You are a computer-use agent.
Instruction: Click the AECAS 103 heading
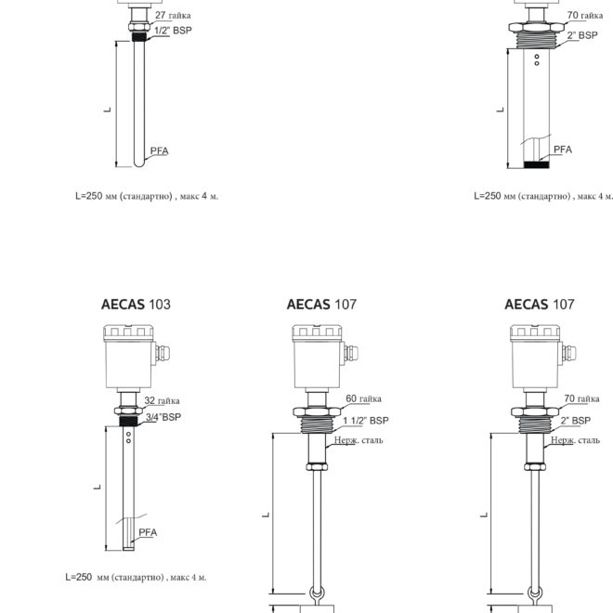point(136,304)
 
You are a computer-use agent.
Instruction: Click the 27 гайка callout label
point(173,15)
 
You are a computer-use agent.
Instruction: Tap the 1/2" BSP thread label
point(173,31)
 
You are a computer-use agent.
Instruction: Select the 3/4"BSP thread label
point(163,417)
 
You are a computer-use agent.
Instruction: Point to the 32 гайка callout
point(162,400)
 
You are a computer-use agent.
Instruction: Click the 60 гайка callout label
point(363,398)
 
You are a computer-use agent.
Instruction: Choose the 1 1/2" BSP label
point(366,421)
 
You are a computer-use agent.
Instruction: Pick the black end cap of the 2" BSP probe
point(537,164)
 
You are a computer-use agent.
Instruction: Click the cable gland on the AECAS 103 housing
point(163,354)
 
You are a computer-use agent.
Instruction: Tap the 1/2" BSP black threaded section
point(139,37)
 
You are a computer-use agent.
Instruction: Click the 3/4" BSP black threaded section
point(128,421)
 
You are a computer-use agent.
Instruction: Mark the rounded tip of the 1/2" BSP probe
point(139,163)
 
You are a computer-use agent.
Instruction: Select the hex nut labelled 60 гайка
point(317,411)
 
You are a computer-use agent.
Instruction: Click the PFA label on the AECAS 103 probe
point(148,532)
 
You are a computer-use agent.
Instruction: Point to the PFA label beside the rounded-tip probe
point(160,150)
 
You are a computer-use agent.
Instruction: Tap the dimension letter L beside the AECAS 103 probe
point(97,488)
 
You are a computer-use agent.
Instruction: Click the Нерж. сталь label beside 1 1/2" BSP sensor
point(359,440)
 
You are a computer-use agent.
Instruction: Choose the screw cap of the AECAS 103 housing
point(128,333)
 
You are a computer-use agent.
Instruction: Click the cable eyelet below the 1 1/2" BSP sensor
point(317,594)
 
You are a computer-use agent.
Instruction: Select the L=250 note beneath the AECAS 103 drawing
point(136,577)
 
